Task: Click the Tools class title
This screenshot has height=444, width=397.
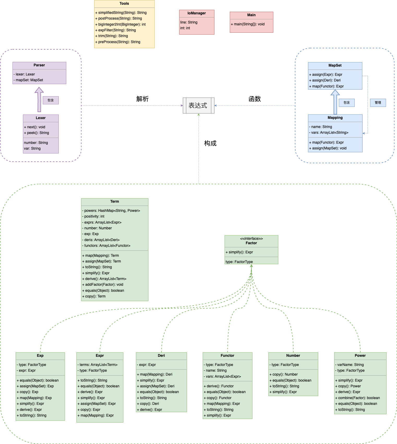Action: [124, 4]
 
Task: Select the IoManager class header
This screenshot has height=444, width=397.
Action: [197, 13]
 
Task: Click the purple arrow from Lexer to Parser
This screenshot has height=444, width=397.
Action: [39, 100]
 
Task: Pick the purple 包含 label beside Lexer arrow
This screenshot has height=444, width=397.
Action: [51, 100]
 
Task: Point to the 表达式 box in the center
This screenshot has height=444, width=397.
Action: [199, 106]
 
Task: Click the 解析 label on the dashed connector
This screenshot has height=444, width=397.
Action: [142, 99]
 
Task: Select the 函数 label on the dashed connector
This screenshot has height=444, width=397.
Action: [255, 99]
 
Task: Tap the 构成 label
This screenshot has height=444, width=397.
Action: [210, 143]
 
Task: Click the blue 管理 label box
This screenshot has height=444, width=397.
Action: [378, 103]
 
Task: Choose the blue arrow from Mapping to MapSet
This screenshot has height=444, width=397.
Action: [335, 102]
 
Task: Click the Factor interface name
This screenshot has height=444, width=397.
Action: [251, 243]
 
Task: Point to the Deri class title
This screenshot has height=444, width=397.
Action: [161, 356]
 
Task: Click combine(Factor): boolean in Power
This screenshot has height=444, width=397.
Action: [357, 398]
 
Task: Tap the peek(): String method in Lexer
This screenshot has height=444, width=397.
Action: [37, 133]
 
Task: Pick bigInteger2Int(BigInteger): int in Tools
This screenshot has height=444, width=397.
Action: [120, 25]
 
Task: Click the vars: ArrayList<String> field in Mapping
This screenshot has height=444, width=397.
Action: [329, 133]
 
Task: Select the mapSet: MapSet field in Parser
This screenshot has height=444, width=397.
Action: [28, 80]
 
